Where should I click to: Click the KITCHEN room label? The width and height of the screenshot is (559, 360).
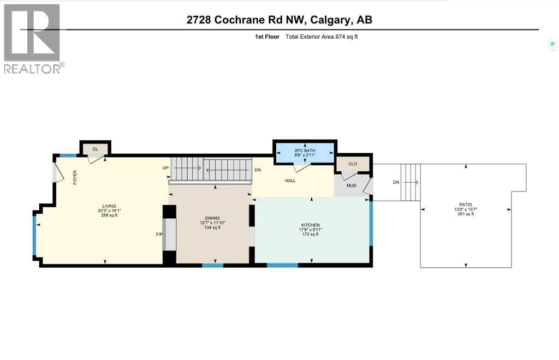click(310, 225)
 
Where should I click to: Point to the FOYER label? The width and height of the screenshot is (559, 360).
click(75, 177)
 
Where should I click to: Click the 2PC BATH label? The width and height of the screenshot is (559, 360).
click(305, 148)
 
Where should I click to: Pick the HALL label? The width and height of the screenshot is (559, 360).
click(290, 180)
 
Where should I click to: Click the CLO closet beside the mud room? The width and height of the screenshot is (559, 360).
click(352, 163)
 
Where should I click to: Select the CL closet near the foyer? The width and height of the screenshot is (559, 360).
click(95, 148)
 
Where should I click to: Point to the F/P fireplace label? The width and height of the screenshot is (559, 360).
click(159, 235)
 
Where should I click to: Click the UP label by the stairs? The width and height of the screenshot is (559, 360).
click(165, 168)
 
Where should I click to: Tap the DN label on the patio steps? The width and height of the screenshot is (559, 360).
click(396, 183)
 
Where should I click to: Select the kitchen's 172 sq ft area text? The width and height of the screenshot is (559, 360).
click(310, 234)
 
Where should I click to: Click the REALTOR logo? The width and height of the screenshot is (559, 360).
click(32, 38)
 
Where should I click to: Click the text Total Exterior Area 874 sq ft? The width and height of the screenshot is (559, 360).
click(322, 37)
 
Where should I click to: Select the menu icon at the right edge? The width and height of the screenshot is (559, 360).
click(552, 44)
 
